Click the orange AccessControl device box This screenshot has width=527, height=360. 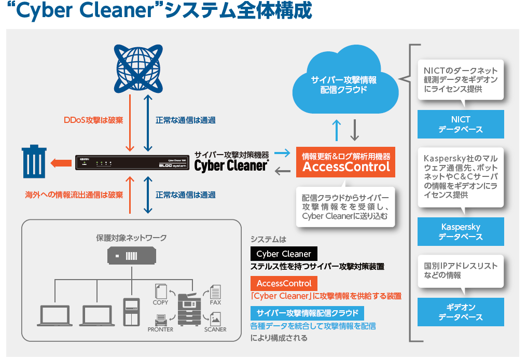click(x=346, y=161)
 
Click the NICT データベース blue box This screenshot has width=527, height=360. click(x=461, y=124)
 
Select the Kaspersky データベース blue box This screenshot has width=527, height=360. click(x=461, y=231)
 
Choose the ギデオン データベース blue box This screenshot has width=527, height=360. click(x=461, y=312)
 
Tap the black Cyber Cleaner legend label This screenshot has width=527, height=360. click(x=284, y=254)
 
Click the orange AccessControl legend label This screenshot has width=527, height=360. click(x=284, y=283)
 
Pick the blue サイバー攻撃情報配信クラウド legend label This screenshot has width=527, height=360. click(x=307, y=313)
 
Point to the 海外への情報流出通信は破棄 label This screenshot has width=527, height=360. click(x=74, y=195)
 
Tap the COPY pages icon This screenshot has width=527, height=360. click(x=161, y=291)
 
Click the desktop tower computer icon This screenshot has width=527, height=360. click(x=131, y=311)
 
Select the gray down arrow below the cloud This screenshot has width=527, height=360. click(x=355, y=130)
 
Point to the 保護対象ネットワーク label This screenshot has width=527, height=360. click(x=132, y=238)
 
